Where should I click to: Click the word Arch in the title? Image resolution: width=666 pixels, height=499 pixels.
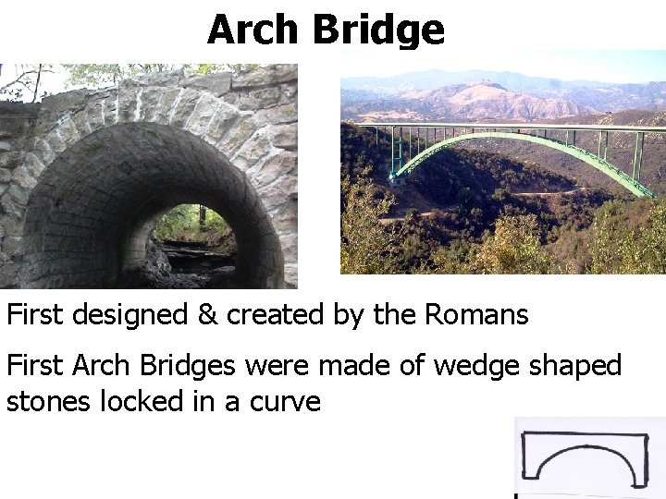coord(255,30)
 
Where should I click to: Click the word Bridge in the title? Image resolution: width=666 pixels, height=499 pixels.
coord(378,30)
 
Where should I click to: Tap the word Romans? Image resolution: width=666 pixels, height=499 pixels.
coord(476,315)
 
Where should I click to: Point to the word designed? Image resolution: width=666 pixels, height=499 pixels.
coord(129,316)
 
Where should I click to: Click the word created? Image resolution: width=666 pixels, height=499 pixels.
coord(275,315)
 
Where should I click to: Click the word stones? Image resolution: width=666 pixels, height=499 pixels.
coord(45,402)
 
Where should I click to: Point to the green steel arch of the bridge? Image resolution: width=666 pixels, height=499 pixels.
coord(518,139)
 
